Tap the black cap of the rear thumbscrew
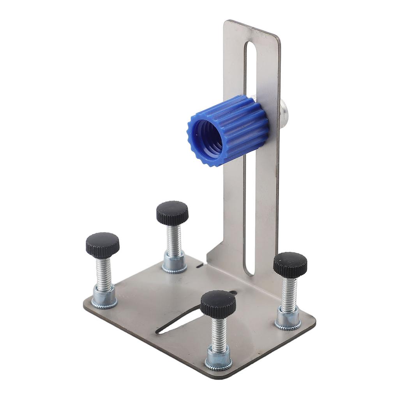click(x=172, y=213)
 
